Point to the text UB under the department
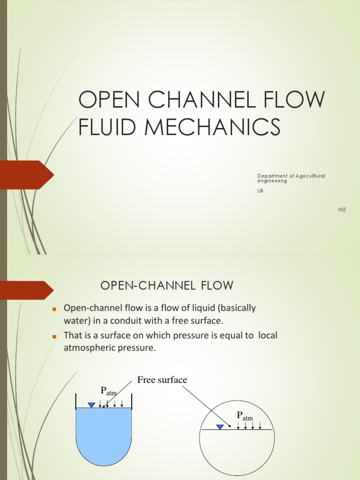[x=260, y=190]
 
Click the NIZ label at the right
[x=342, y=209]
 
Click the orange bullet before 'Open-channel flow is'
[x=54, y=309]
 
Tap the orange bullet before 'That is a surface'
[x=54, y=337]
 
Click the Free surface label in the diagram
[x=162, y=380]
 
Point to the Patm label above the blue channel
[x=108, y=391]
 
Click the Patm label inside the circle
[x=244, y=415]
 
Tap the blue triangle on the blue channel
[x=91, y=405]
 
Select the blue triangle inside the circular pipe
[x=220, y=427]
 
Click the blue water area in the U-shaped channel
[x=104, y=431]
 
